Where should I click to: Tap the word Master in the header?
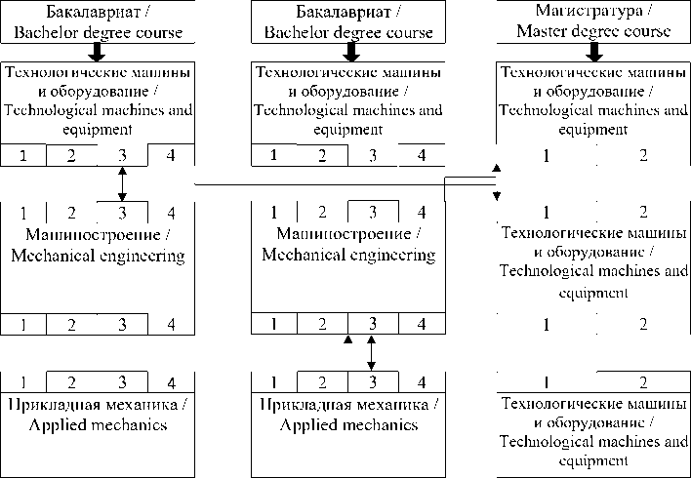tap(544, 31)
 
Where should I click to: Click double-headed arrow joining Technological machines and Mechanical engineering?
tap(122, 182)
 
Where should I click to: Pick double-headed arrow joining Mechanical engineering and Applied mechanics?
tap(371, 352)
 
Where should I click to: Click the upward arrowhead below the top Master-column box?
tap(496, 170)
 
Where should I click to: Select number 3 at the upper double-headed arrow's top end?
tap(122, 155)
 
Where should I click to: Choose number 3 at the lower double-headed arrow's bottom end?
tap(371, 381)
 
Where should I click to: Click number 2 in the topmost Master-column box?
tap(643, 155)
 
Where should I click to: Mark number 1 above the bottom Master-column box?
tap(547, 381)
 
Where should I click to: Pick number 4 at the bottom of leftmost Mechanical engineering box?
tap(171, 324)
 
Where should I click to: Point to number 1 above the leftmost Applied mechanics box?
tap(21, 381)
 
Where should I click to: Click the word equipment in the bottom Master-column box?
tap(593, 461)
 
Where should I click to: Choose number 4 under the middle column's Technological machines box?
tap(422, 155)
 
